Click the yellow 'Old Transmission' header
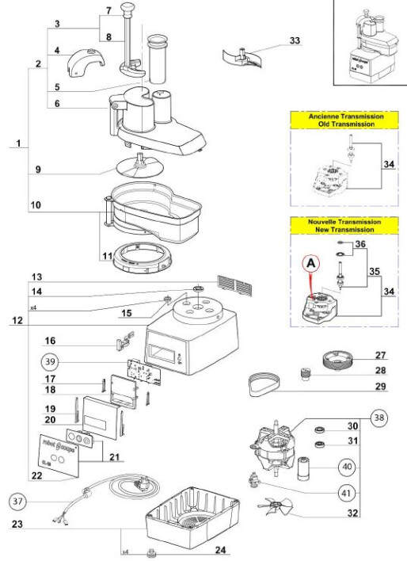tap(346, 120)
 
